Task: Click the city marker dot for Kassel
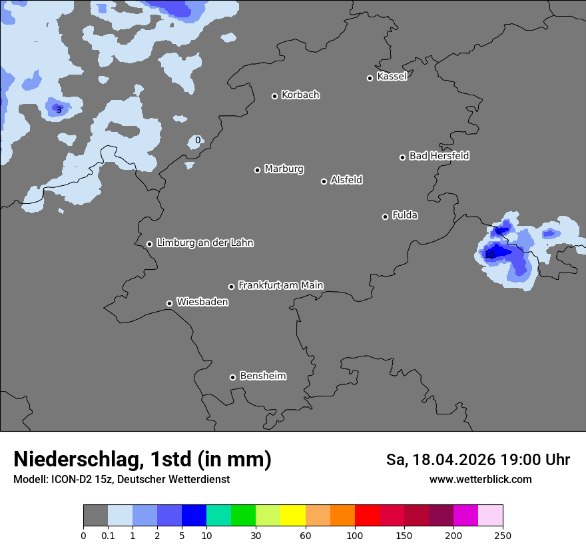coord(370,78)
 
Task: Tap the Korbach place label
coord(300,95)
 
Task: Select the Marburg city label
coord(284,169)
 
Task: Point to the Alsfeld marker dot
coord(324,181)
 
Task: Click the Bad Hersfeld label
coord(439,156)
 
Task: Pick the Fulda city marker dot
coord(385,217)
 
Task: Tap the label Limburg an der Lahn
coord(204,243)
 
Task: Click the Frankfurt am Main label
coord(280,285)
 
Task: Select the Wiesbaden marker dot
coord(169,303)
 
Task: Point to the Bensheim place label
coord(262,376)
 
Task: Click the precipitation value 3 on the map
coord(59,110)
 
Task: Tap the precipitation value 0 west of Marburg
coord(197,140)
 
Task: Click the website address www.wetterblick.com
coord(480,480)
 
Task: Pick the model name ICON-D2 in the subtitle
coord(71,480)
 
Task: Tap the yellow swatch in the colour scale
coord(292,516)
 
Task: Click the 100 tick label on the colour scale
coord(354,535)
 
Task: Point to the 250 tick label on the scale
coord(502,535)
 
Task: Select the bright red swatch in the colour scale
coord(366,516)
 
